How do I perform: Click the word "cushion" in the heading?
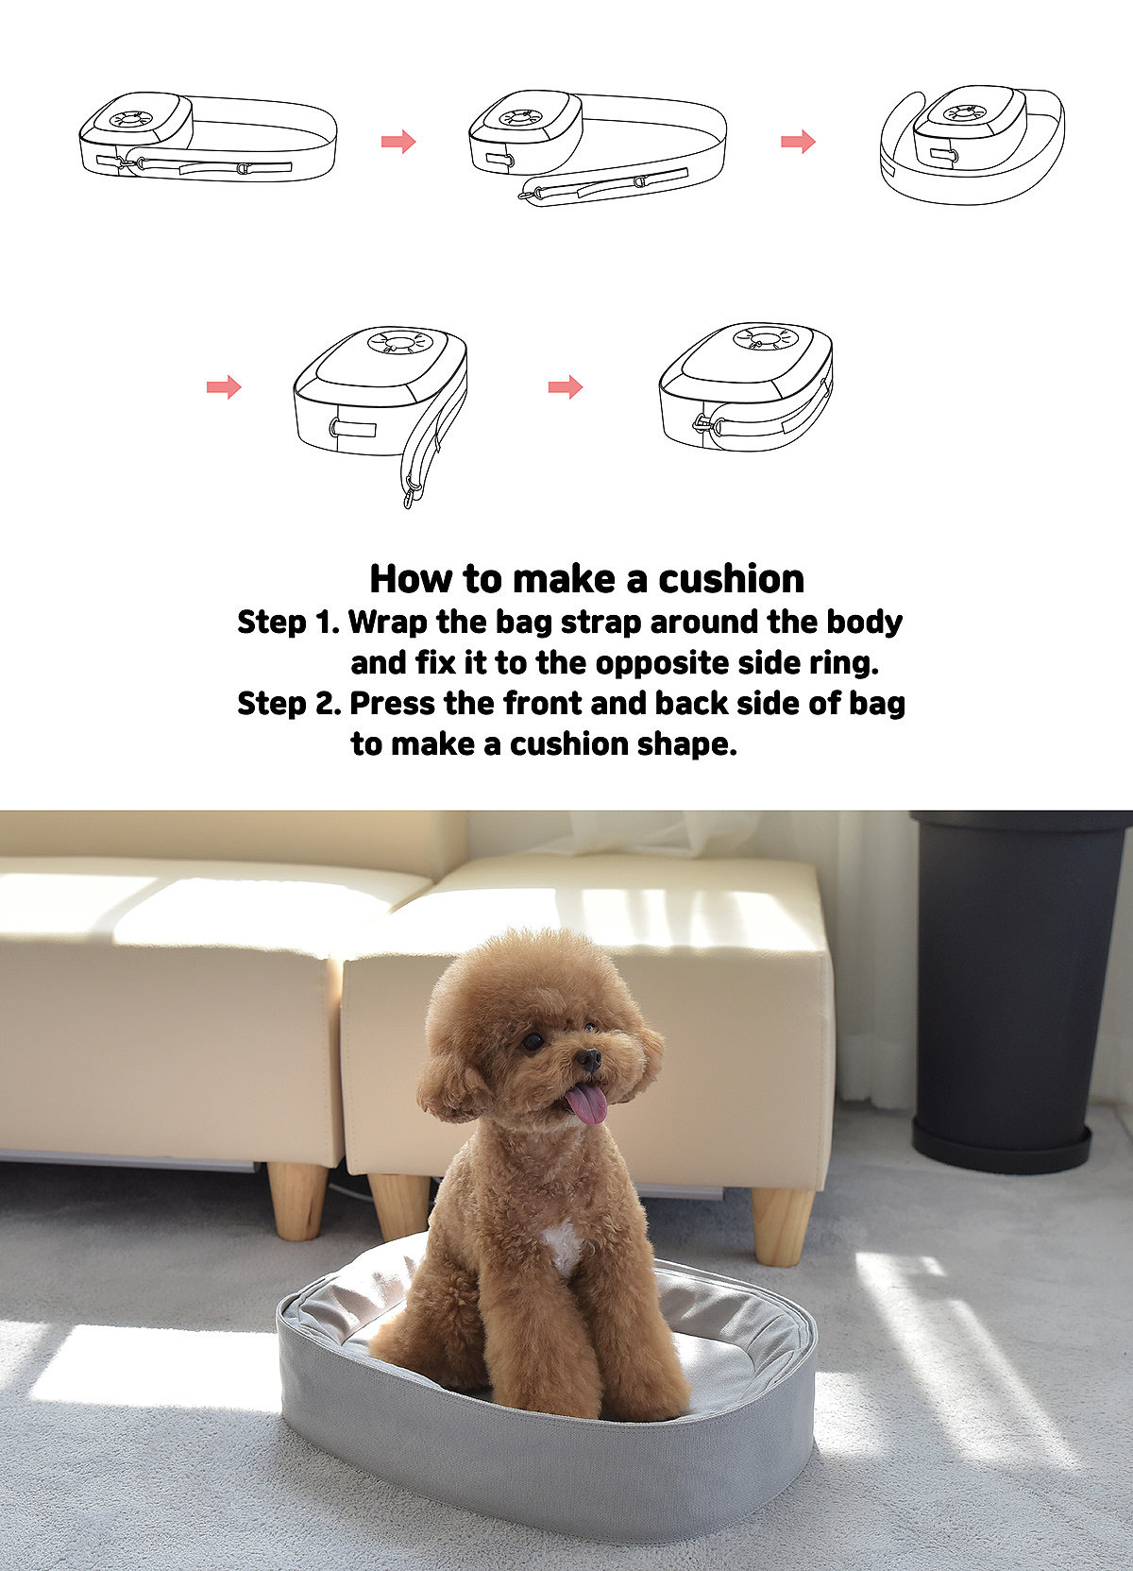pos(731,578)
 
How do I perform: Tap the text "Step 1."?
pos(288,623)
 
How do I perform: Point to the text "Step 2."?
pos(289,704)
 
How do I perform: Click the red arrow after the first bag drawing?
pos(398,142)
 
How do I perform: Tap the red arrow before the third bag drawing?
pos(798,142)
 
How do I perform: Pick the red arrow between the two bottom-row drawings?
pos(566,386)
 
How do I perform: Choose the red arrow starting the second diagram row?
pos(224,386)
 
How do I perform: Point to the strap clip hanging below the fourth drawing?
pos(410,491)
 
